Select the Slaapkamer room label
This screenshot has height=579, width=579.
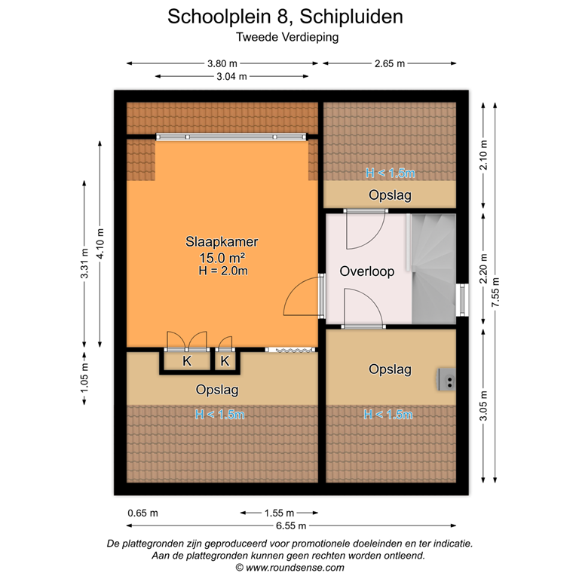(x=222, y=242)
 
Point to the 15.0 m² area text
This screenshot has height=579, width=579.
(x=222, y=257)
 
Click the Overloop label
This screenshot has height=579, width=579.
(x=366, y=271)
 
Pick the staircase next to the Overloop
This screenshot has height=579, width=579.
(x=433, y=268)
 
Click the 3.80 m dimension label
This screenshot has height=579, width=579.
(x=222, y=64)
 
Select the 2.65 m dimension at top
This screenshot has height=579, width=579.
(x=390, y=64)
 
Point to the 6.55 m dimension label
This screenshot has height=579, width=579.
(x=291, y=525)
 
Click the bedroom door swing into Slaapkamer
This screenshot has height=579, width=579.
(x=301, y=298)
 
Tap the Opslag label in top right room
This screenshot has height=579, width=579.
(x=390, y=195)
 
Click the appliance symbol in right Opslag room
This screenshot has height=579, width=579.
(x=446, y=379)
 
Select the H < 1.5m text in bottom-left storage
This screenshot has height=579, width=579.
(x=219, y=414)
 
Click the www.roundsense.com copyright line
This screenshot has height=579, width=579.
(x=290, y=567)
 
